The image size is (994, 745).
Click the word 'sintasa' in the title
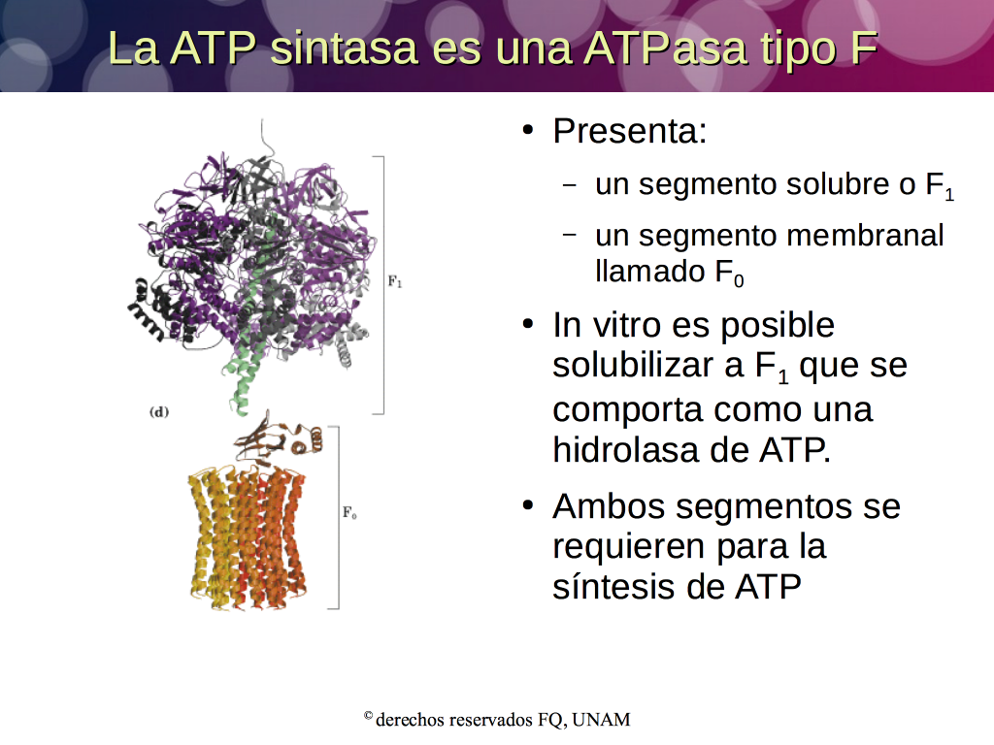[x=344, y=48]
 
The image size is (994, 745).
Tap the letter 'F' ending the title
[x=864, y=48]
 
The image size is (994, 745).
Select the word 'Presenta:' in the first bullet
[x=629, y=131]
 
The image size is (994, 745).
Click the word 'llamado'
[x=649, y=272]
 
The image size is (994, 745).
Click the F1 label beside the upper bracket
[x=395, y=281]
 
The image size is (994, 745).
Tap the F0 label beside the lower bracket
[x=349, y=512]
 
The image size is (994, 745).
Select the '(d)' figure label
[x=159, y=411]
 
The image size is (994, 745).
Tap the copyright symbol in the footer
[x=368, y=716]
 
